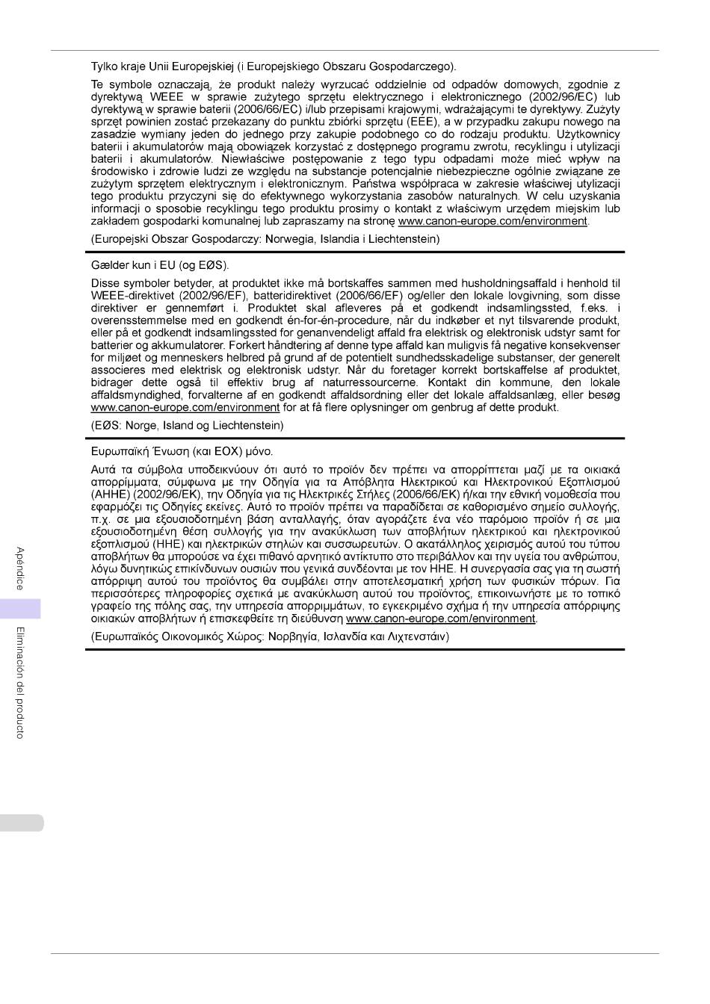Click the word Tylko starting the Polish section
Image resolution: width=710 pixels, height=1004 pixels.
104,66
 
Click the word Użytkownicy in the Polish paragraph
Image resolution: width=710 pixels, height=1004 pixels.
586,134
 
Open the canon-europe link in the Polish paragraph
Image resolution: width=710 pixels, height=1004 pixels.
493,221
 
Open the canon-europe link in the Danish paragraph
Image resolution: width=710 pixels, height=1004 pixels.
185,408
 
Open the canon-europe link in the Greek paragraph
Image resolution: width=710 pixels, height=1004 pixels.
442,619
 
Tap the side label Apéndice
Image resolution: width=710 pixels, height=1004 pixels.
20,569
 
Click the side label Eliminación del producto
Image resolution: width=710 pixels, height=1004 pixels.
20,682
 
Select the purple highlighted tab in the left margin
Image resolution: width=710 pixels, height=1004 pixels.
20,608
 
